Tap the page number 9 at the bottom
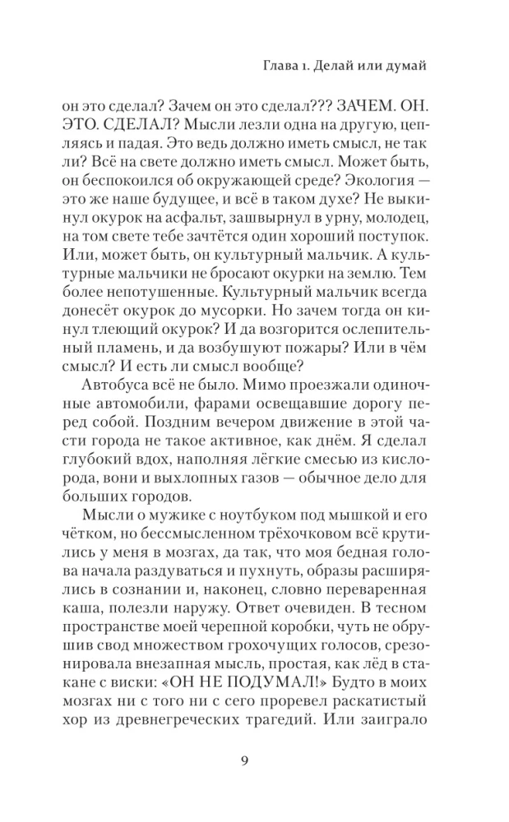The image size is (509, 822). [x=255, y=760]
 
